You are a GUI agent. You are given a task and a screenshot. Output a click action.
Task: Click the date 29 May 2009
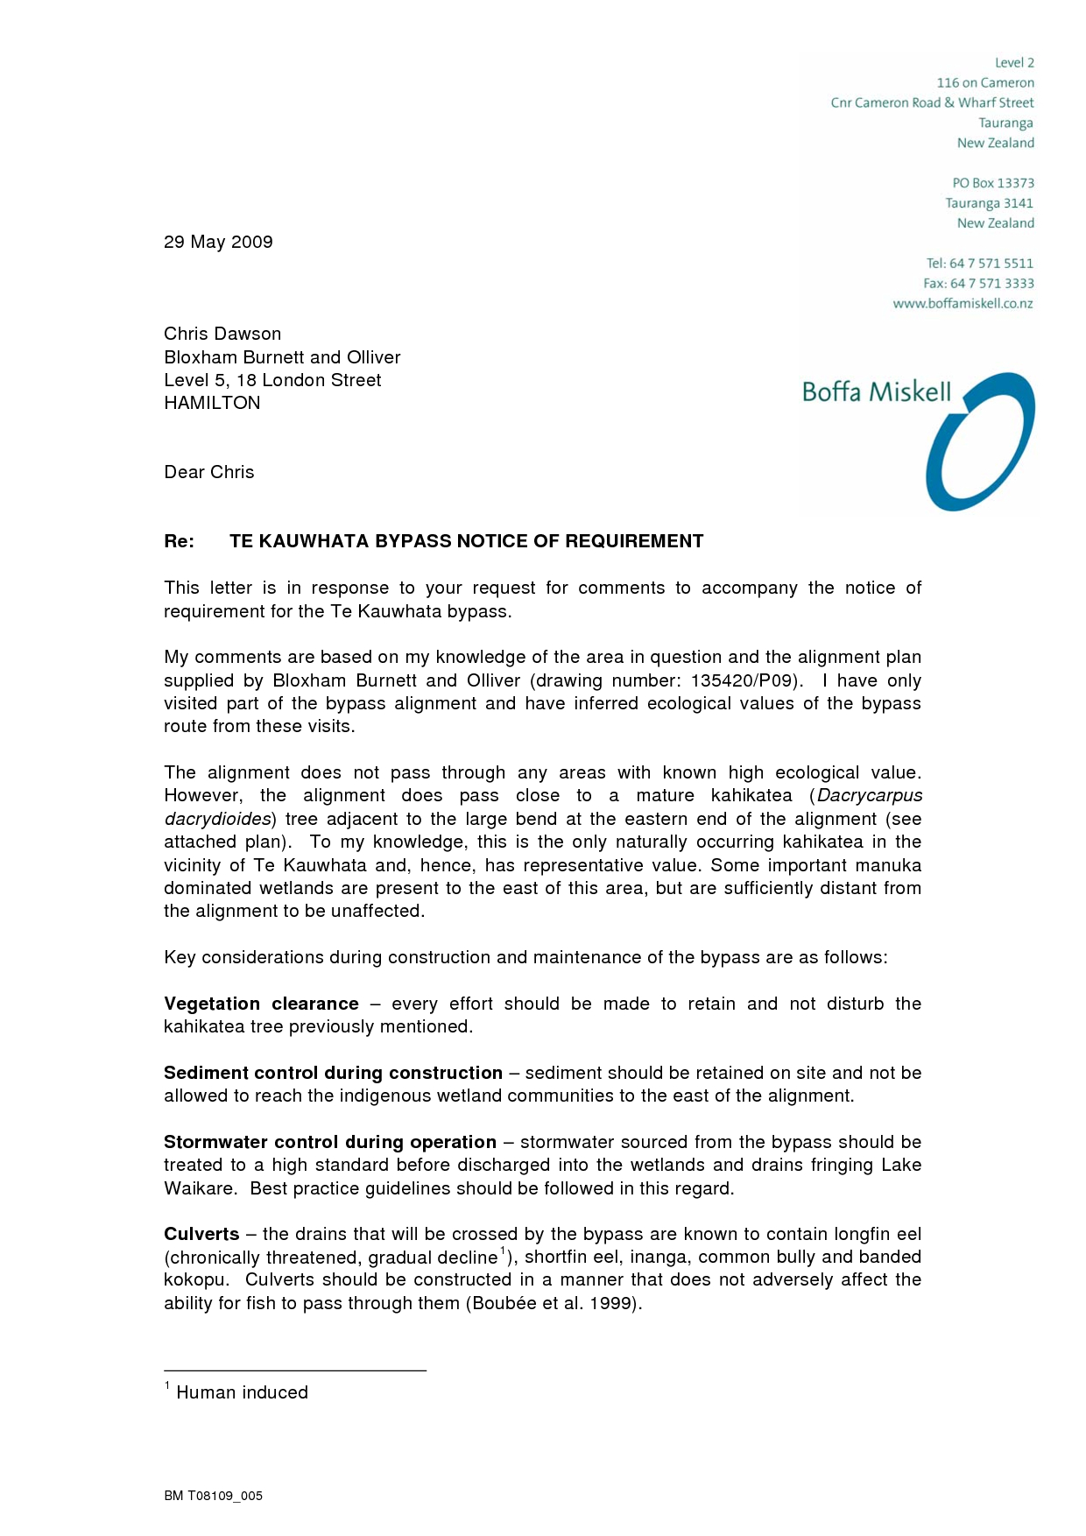[218, 242]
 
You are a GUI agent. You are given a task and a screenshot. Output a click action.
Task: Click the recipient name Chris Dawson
[222, 334]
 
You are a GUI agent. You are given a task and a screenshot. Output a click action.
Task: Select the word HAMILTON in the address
[212, 403]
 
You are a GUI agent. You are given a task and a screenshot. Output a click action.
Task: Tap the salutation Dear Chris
[208, 472]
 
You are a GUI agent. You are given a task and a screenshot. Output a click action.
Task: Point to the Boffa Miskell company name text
[876, 391]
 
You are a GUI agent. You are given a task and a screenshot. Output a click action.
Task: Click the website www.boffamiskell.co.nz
[963, 304]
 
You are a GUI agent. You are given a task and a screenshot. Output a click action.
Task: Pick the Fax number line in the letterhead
[978, 284]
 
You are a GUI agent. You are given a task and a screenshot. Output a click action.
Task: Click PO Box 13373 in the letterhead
[993, 183]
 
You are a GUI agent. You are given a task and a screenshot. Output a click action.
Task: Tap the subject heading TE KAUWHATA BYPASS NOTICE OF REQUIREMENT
[466, 541]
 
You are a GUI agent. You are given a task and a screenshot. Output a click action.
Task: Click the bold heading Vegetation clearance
[261, 1004]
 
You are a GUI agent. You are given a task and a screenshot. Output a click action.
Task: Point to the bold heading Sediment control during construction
[333, 1073]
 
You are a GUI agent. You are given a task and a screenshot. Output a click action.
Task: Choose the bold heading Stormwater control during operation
[329, 1142]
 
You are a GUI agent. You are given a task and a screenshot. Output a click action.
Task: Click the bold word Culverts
[201, 1234]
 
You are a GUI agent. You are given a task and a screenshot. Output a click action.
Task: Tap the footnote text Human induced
[242, 1392]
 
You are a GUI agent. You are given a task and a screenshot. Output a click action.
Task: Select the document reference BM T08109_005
[213, 1496]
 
